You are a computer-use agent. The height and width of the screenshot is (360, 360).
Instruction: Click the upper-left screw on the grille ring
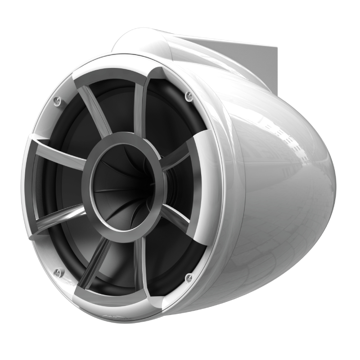tap(57, 100)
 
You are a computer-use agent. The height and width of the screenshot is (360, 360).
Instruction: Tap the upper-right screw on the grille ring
tap(189, 95)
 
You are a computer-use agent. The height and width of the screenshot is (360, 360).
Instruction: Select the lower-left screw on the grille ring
tap(57, 272)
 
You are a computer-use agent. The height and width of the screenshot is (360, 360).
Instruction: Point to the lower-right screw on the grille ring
tap(189, 278)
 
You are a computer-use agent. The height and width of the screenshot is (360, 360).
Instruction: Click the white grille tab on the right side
tap(208, 189)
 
